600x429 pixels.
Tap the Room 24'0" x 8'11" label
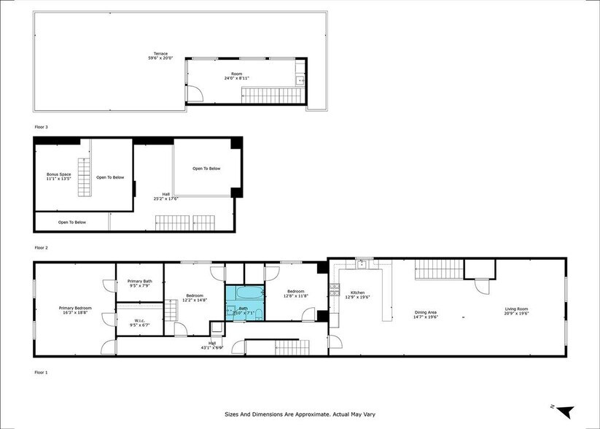pos(237,76)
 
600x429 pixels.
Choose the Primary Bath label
pos(139,283)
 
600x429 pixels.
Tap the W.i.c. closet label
pos(139,323)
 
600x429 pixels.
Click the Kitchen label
pos(357,295)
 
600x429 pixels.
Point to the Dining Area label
pos(429,314)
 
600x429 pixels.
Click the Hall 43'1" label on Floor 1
pos(212,345)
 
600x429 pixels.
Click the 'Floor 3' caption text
pos(42,126)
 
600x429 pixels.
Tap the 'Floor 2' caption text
pos(42,247)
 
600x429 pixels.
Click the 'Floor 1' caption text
pos(42,372)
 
